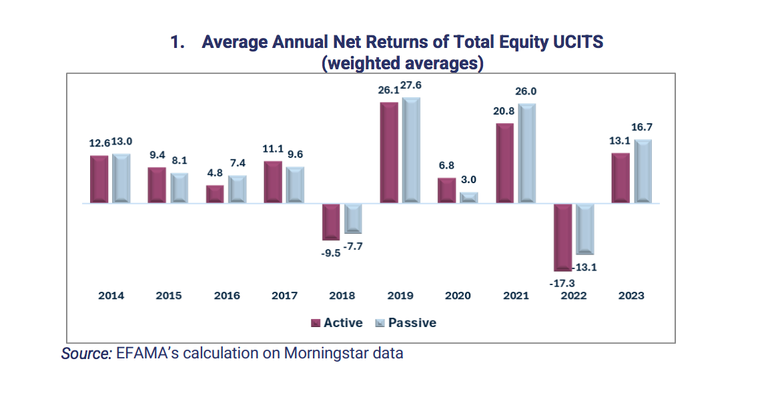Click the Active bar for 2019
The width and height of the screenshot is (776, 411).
389,153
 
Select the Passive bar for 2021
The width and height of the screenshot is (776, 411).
527,153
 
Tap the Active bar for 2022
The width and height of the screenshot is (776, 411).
562,237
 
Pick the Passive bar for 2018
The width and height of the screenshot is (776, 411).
353,218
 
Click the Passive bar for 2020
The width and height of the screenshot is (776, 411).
469,198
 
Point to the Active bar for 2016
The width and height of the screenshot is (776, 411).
215,194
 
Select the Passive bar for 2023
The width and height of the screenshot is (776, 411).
643,171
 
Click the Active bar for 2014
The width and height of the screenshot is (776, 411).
99,179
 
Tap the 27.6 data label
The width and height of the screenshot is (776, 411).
411,85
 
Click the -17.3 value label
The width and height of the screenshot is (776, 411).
562,283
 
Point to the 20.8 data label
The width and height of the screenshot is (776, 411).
504,111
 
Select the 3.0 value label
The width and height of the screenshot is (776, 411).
468,179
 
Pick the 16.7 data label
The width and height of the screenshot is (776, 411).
642,127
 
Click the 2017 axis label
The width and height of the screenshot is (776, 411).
284,295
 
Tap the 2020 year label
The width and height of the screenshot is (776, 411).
458,295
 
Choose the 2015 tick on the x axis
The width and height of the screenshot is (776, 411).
169,295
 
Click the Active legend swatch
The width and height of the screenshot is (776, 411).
316,323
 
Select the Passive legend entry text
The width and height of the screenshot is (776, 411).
412,322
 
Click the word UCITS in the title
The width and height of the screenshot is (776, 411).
578,42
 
